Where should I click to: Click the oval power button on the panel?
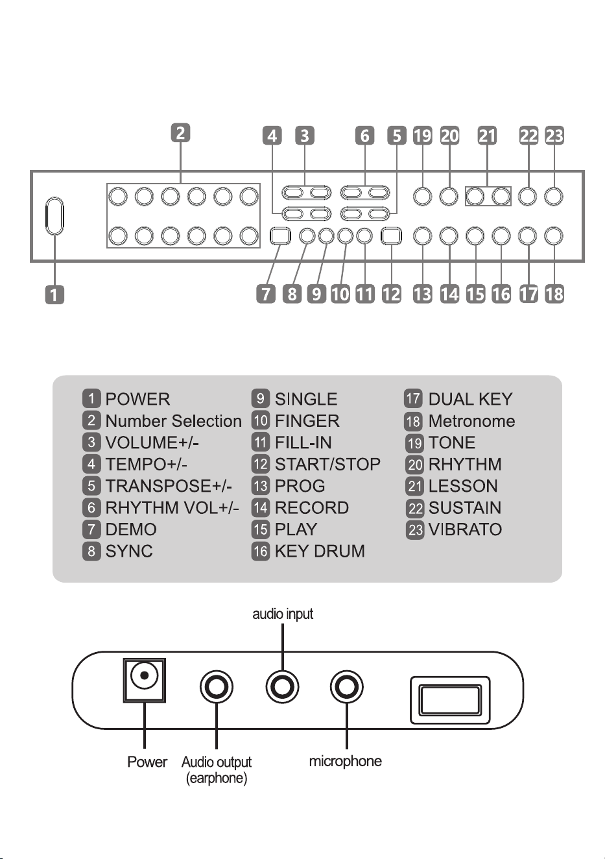click(54, 215)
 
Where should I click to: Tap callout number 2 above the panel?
click(180, 132)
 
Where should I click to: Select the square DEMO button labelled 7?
click(280, 236)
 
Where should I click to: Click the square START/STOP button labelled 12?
click(392, 236)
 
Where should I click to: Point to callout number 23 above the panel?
click(554, 136)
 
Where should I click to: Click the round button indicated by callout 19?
click(423, 197)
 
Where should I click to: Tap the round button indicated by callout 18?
click(553, 236)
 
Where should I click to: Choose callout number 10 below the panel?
click(340, 294)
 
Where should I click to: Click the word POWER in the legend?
click(137, 399)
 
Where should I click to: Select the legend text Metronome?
click(471, 421)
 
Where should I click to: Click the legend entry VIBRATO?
click(465, 529)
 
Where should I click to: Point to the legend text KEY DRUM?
click(320, 551)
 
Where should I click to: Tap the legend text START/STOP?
click(328, 465)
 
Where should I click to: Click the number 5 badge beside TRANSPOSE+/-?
click(91, 486)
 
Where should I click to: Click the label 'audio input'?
click(283, 614)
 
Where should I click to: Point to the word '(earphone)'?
click(216, 778)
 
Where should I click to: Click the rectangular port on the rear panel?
click(450, 700)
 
